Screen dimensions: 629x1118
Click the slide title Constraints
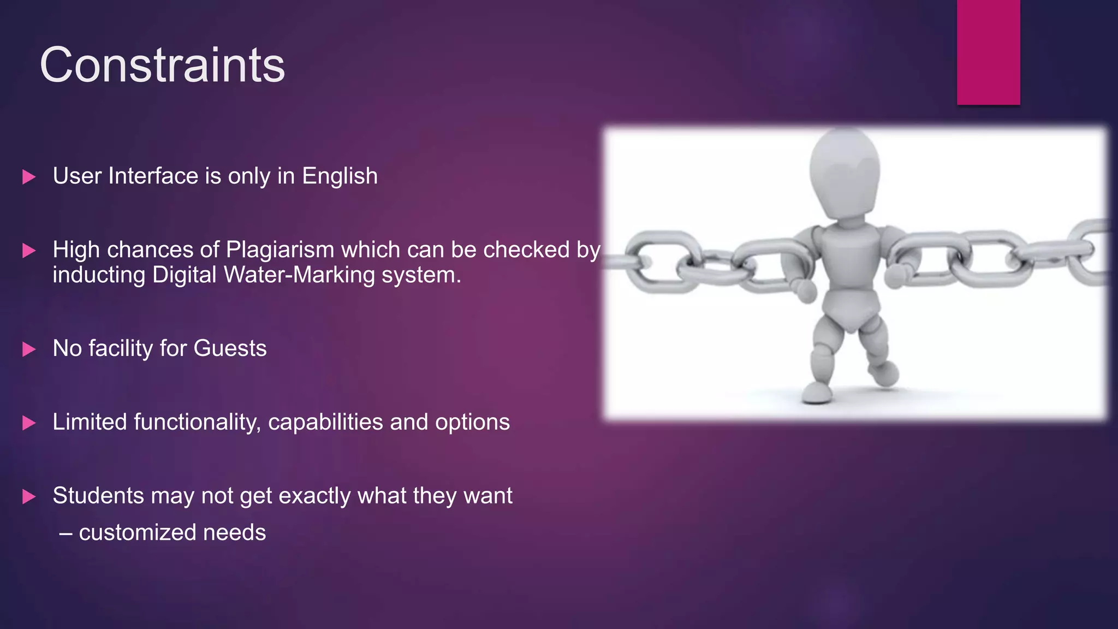pos(162,65)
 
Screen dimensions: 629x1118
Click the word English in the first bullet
pos(340,176)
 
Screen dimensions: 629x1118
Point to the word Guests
pos(230,348)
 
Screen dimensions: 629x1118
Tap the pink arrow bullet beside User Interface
pos(29,177)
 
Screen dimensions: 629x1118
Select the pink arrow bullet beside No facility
pos(29,349)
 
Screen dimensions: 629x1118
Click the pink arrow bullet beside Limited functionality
pos(29,423)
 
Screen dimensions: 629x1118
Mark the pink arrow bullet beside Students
pos(29,497)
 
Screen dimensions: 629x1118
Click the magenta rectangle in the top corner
pos(988,52)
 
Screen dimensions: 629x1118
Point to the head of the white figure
pos(845,169)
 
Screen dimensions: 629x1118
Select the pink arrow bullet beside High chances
pos(29,251)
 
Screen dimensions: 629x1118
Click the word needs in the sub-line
pos(234,532)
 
